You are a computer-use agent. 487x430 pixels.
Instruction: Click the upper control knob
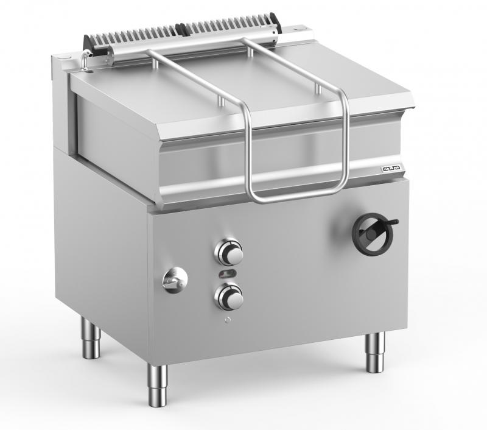pyautogui.click(x=229, y=251)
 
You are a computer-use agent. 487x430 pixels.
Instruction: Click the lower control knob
pyautogui.click(x=229, y=297)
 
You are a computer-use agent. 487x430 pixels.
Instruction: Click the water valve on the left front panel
pyautogui.click(x=175, y=280)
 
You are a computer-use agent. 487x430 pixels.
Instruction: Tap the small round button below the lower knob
pyautogui.click(x=226, y=320)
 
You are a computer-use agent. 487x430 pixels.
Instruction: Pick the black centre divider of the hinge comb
pyautogui.click(x=182, y=29)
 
